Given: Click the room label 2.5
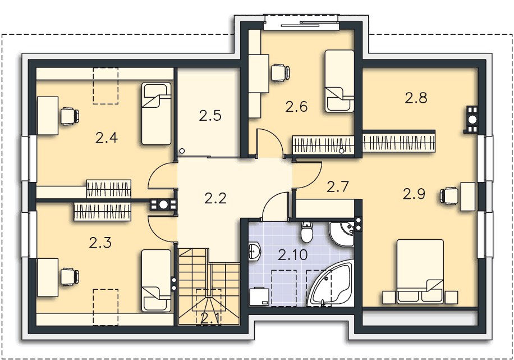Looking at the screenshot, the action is point(210,116).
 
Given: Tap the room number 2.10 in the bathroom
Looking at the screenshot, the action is point(293,254).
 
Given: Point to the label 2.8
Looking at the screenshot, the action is point(416,98).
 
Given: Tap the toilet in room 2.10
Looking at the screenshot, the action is point(306,231).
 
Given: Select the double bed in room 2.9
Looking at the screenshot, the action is point(420,271).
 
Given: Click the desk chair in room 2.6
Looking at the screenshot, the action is point(281,72).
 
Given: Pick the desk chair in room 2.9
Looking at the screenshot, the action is point(449,196).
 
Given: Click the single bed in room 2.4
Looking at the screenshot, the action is point(157,113).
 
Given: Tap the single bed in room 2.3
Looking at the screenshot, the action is point(157,281).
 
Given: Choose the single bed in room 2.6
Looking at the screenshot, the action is point(339,81).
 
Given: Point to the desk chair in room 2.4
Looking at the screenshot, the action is point(70,116).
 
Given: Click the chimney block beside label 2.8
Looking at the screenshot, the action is point(471,120).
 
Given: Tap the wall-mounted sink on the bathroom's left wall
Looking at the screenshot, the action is point(254,252).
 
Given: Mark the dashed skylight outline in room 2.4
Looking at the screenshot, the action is point(105,86).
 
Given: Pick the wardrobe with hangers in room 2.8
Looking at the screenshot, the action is point(399,142).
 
